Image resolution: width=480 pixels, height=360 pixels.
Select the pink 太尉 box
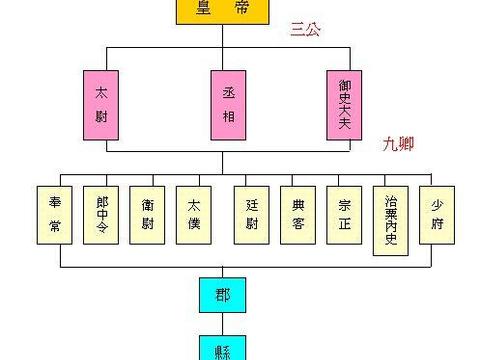[x=103, y=104]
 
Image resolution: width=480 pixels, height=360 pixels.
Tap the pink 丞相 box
[x=226, y=104]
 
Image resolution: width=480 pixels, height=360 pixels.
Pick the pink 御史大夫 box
[x=345, y=104]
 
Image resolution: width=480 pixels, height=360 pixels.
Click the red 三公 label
[x=305, y=31]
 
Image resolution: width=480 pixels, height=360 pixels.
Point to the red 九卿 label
[x=398, y=144]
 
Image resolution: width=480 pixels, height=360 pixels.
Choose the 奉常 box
[x=55, y=214]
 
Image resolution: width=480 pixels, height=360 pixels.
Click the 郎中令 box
[x=102, y=214]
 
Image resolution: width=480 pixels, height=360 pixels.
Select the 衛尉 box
[x=148, y=214]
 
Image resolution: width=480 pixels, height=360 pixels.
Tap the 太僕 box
[x=194, y=214]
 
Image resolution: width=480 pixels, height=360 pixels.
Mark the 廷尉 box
[x=252, y=214]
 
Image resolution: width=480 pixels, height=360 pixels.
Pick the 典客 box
[x=298, y=214]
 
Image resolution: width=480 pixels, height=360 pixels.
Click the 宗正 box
[x=344, y=214]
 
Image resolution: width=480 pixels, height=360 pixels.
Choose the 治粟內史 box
[x=391, y=221]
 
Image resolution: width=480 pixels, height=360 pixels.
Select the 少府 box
[x=437, y=214]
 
